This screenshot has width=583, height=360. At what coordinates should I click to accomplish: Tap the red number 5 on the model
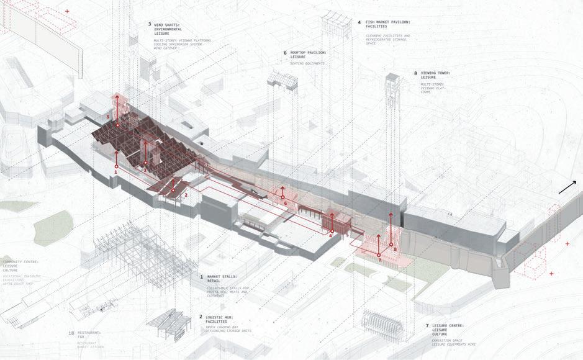108,117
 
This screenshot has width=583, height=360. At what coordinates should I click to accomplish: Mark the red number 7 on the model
380,260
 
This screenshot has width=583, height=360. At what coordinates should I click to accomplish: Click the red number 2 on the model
186,195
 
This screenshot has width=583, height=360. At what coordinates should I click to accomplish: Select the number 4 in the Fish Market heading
359,23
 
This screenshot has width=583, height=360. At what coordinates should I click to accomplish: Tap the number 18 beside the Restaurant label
72,333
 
